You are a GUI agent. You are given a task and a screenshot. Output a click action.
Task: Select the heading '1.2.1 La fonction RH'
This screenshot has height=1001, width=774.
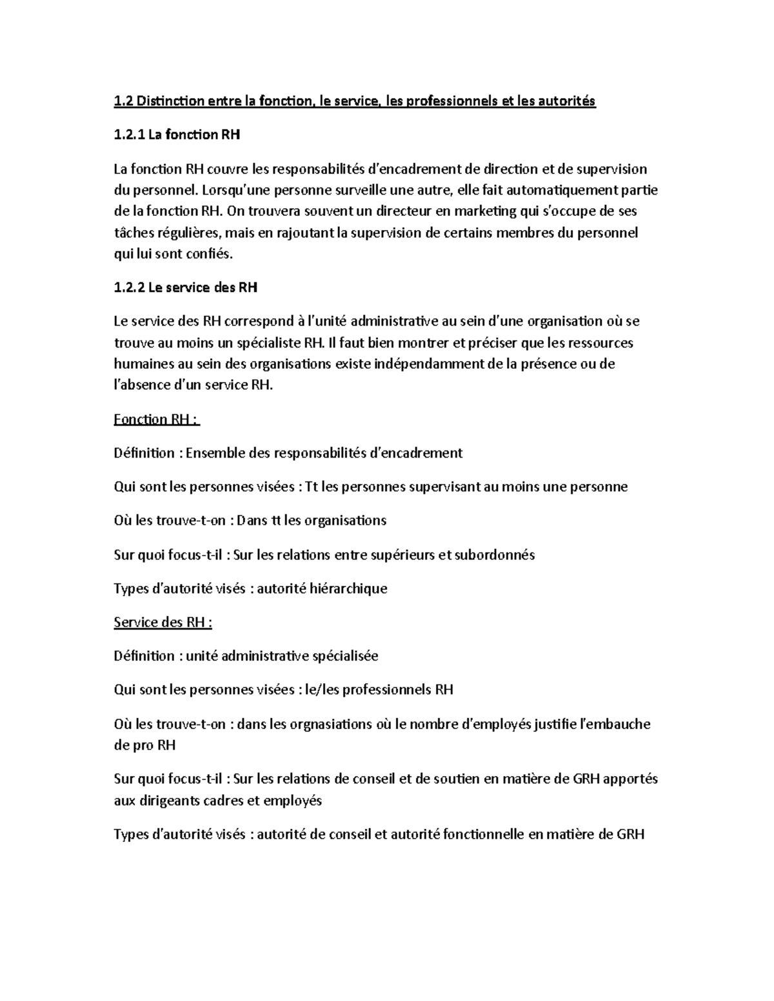[x=177, y=135]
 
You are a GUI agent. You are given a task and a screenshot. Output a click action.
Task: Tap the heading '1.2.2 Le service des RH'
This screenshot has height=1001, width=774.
[x=185, y=287]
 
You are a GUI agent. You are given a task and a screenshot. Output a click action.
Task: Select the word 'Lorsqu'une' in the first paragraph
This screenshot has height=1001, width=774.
[x=233, y=190]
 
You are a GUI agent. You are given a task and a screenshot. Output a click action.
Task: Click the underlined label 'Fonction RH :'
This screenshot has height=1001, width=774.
[x=157, y=420]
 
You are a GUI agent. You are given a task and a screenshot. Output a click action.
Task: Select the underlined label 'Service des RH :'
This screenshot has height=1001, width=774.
[x=163, y=623]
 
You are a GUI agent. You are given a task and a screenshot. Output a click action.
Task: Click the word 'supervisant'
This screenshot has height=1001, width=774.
[x=414, y=487]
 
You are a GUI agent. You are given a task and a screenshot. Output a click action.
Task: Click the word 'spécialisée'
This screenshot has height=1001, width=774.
[x=345, y=656]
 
